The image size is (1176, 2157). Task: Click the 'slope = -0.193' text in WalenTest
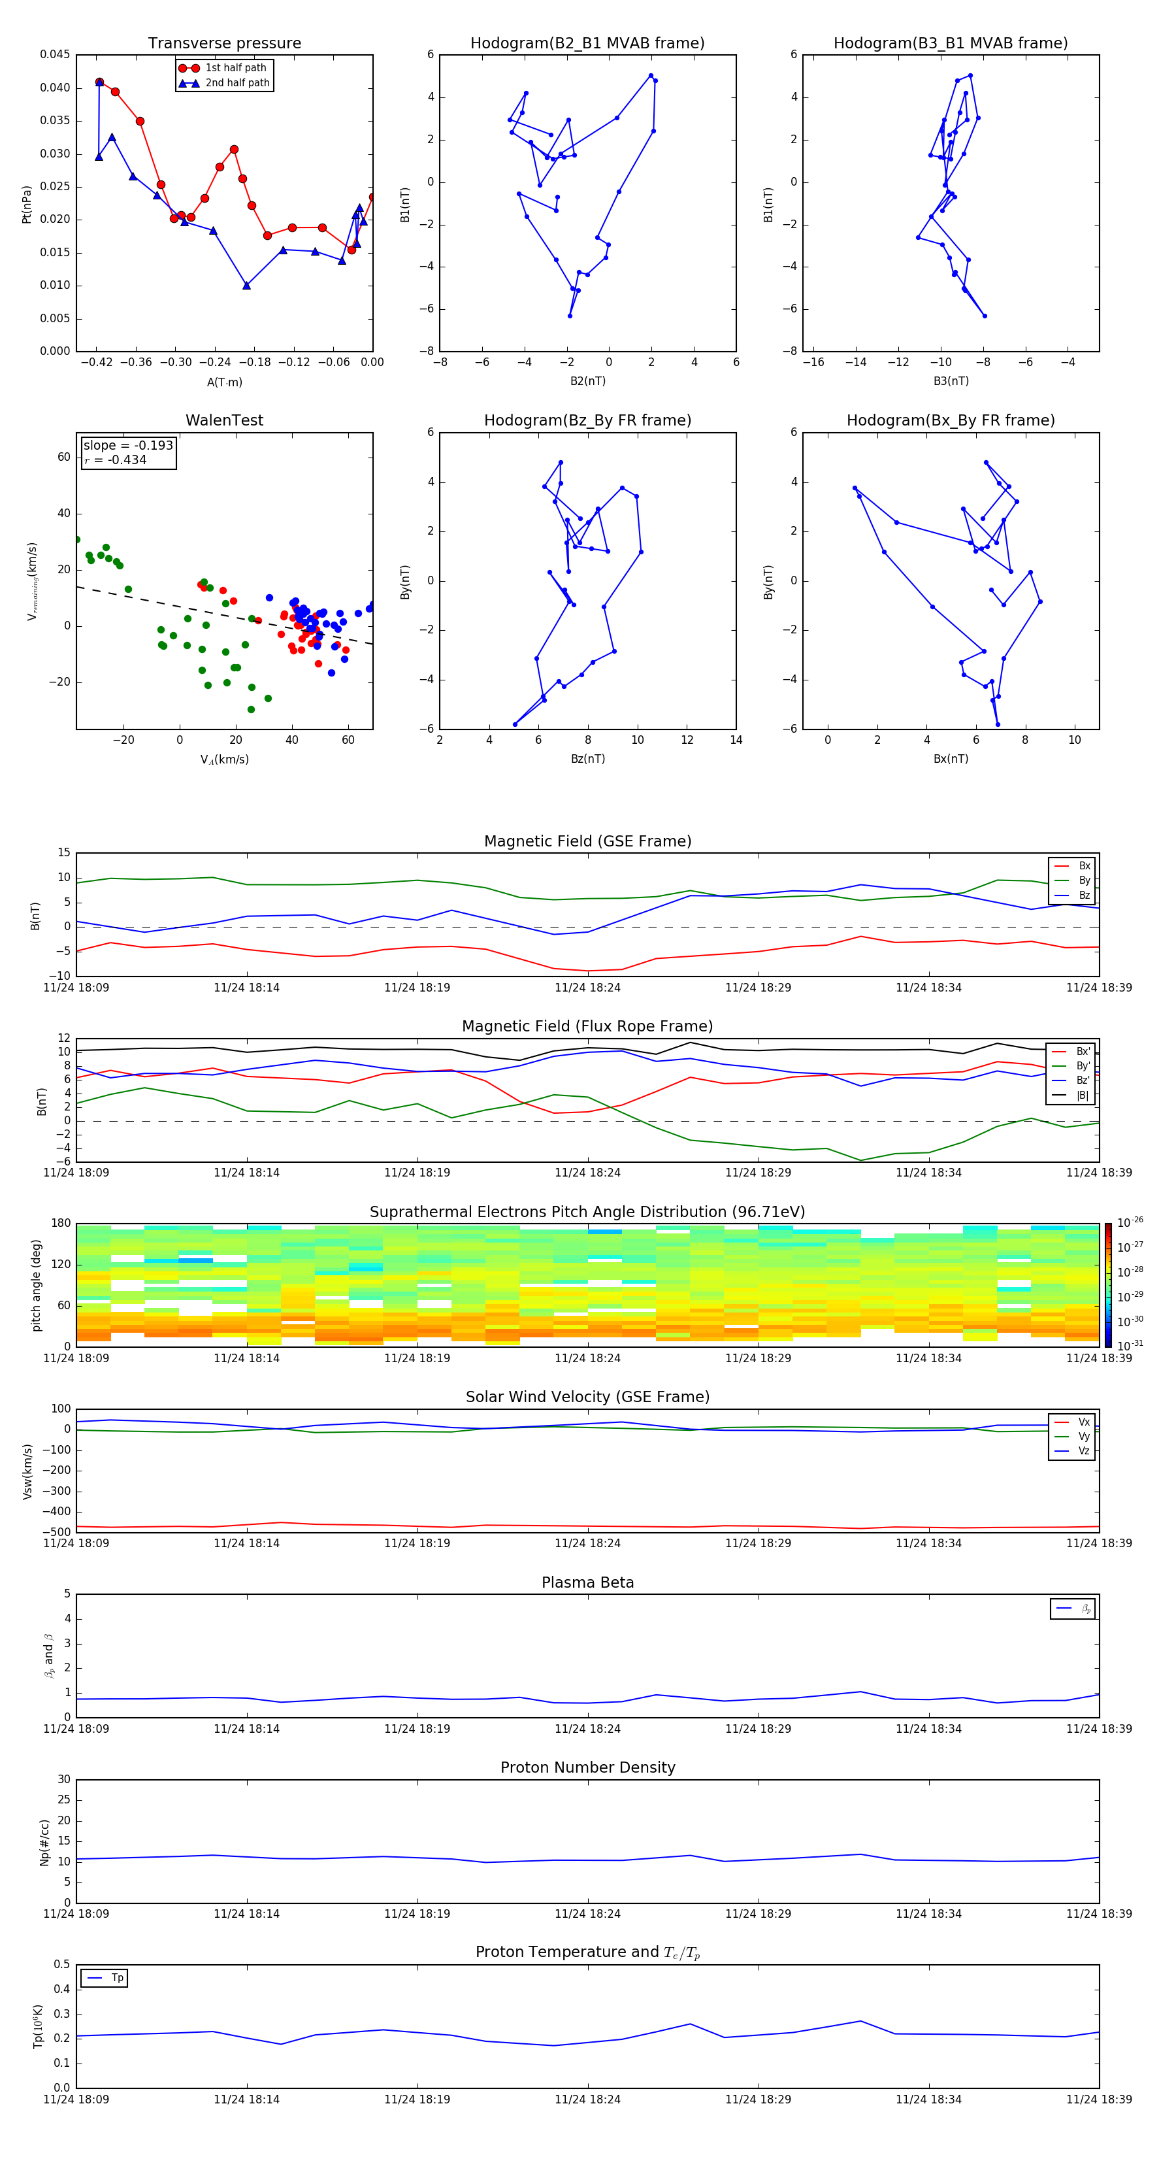tap(128, 446)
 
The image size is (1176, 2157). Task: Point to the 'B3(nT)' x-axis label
tap(951, 381)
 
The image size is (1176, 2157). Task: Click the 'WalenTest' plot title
tap(224, 420)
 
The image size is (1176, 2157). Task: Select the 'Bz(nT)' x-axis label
tap(587, 759)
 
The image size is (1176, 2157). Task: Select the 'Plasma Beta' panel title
tap(587, 1582)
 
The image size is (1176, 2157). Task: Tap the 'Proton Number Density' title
tap(587, 1767)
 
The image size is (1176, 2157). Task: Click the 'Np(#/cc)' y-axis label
tap(45, 1842)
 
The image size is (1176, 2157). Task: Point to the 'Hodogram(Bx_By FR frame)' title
tap(950, 420)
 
